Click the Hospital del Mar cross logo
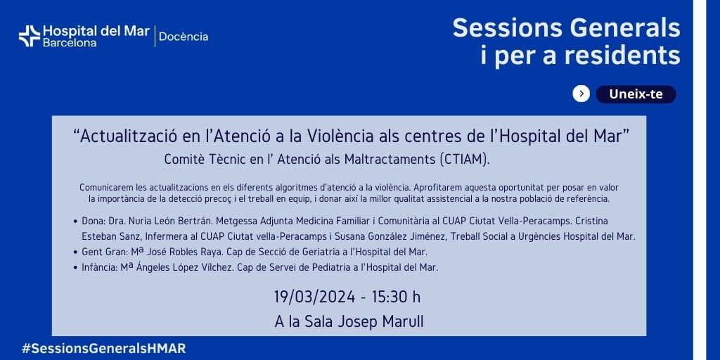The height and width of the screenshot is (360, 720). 30,37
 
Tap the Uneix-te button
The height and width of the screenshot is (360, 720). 636,94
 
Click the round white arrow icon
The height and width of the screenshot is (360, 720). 581,94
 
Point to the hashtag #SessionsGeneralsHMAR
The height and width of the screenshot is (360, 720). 104,349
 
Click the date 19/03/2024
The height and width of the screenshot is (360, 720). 314,297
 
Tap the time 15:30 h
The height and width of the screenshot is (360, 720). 396,297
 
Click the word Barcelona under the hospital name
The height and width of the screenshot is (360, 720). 70,43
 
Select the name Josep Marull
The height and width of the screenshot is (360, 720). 380,322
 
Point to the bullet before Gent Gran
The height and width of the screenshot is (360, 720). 75,252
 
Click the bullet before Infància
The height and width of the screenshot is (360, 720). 75,268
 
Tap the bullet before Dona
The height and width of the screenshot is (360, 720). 75,221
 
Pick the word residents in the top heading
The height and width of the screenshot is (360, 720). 622,56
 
